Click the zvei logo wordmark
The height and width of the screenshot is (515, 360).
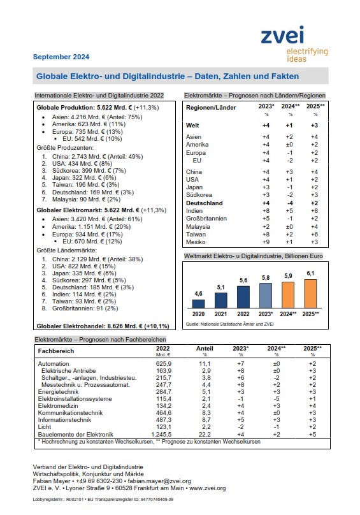point(282,36)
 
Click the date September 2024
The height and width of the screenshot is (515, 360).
point(61,57)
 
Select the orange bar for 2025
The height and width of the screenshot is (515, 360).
point(310,294)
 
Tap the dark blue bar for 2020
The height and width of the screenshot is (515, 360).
point(198,304)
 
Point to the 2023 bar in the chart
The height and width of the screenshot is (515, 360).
point(266,296)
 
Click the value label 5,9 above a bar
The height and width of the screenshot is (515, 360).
point(288,276)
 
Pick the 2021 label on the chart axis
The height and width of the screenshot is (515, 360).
point(220,314)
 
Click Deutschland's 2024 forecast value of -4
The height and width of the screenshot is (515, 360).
point(290,203)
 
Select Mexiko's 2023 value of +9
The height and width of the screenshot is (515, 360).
point(266,242)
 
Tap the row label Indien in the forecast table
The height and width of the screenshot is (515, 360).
point(194,211)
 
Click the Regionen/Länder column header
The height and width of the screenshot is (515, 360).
point(211,108)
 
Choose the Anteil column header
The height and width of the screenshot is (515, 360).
point(205,349)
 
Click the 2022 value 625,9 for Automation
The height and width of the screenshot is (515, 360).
point(164,364)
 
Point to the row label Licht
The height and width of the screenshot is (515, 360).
point(45,427)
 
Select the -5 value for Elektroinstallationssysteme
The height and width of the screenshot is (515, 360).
point(277,399)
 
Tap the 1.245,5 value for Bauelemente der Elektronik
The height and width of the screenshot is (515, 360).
point(161,434)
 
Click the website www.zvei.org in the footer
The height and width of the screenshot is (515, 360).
point(208,488)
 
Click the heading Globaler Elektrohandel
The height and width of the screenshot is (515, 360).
point(71,326)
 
